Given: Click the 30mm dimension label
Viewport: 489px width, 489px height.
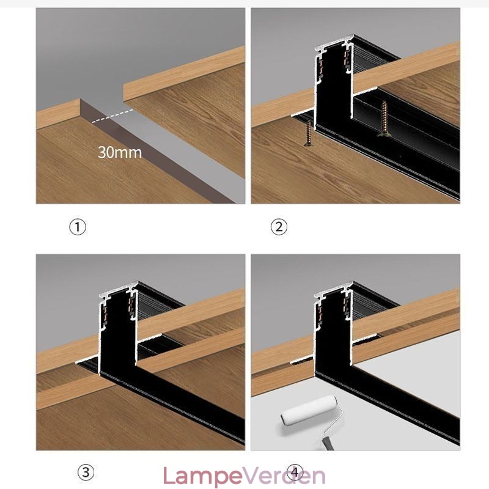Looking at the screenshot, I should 120,152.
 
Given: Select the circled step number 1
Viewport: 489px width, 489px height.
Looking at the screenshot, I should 77,227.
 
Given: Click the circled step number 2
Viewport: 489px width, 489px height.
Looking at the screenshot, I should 279,227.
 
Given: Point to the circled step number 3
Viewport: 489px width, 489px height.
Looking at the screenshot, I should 86,472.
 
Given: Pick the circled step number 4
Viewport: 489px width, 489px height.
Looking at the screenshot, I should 296,472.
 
